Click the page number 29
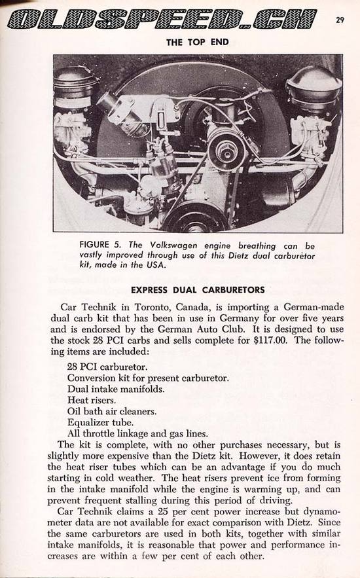point(340,20)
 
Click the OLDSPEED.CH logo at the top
point(162,20)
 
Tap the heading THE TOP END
point(198,42)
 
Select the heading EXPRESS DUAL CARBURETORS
point(198,290)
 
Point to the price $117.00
point(270,340)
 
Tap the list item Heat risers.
point(92,400)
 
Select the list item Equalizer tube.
point(100,422)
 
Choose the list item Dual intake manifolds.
point(116,389)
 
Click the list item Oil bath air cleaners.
point(112,411)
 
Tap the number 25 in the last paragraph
point(163,512)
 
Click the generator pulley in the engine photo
point(226,149)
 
